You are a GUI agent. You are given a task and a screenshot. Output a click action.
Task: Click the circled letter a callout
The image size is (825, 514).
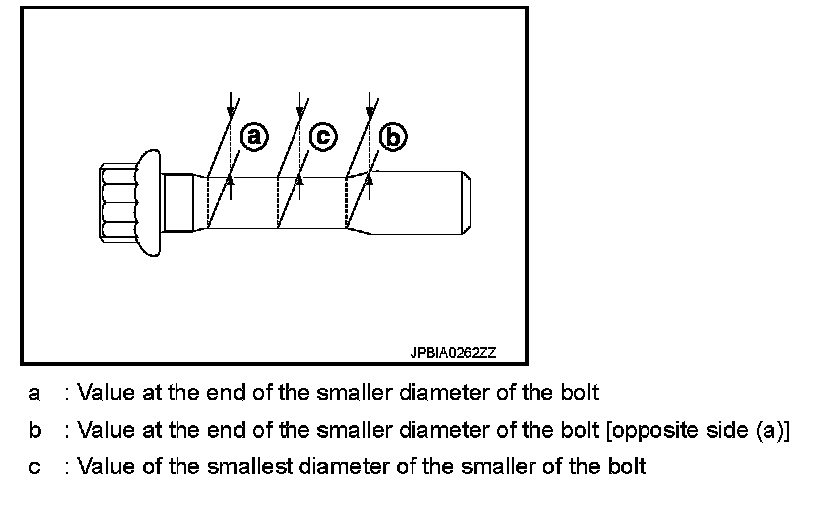click(255, 136)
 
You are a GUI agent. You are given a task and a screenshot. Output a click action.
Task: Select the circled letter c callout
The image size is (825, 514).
click(324, 136)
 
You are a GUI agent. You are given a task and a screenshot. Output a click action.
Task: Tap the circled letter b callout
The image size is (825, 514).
click(394, 138)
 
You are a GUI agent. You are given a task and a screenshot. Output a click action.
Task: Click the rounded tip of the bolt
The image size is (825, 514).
click(464, 202)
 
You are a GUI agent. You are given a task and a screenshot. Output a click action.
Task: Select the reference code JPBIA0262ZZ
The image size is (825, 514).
click(453, 352)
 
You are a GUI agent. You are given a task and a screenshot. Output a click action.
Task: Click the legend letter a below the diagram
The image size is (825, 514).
click(34, 393)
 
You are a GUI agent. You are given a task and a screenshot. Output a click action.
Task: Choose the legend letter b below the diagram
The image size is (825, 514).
click(34, 430)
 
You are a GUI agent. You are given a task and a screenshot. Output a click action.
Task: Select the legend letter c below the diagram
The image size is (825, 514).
click(34, 466)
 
